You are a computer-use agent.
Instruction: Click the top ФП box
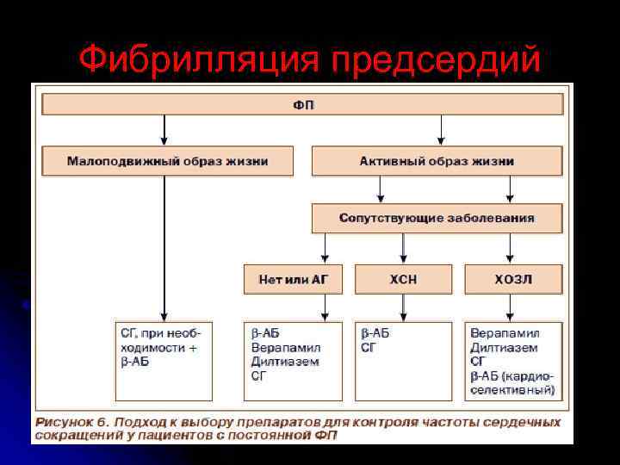pyautogui.click(x=302, y=104)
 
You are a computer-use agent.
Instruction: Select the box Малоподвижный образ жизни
pyautogui.click(x=167, y=161)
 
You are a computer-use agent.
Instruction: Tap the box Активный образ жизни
pyautogui.click(x=437, y=161)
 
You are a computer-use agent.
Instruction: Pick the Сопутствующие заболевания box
pyautogui.click(x=437, y=218)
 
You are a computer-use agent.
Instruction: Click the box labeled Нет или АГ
pyautogui.click(x=293, y=279)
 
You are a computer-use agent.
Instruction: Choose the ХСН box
pyautogui.click(x=404, y=279)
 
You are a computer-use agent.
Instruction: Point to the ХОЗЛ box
pyautogui.click(x=513, y=279)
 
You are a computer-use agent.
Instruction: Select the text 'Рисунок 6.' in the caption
pyautogui.click(x=72, y=423)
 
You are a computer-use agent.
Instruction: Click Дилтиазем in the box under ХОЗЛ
pyautogui.click(x=504, y=347)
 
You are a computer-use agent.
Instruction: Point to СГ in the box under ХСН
pyautogui.click(x=369, y=347)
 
